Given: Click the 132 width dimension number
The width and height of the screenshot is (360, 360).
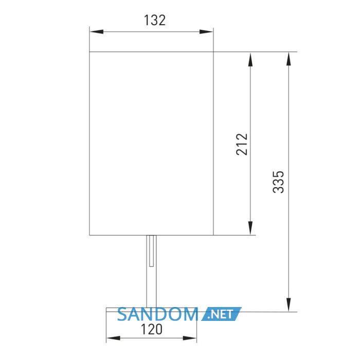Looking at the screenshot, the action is coord(154,20).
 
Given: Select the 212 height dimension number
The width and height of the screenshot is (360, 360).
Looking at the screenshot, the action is coord(242,144).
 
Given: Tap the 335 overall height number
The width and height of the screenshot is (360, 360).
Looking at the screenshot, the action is coord(279,182).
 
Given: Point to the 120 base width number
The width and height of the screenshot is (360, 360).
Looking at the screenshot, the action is coord(151,330).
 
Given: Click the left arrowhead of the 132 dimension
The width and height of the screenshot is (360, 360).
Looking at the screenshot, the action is coord(97,32).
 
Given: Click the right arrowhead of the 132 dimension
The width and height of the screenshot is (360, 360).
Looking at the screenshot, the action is coord(206,32).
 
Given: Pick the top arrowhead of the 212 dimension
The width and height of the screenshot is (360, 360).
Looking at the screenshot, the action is coord(250,59).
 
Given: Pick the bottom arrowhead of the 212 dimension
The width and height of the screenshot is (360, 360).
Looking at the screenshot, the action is coord(250,228).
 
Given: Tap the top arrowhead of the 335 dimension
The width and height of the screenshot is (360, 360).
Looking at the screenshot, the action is coord(289,59).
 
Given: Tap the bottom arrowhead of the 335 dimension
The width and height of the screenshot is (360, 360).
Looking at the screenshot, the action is coord(289,304).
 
